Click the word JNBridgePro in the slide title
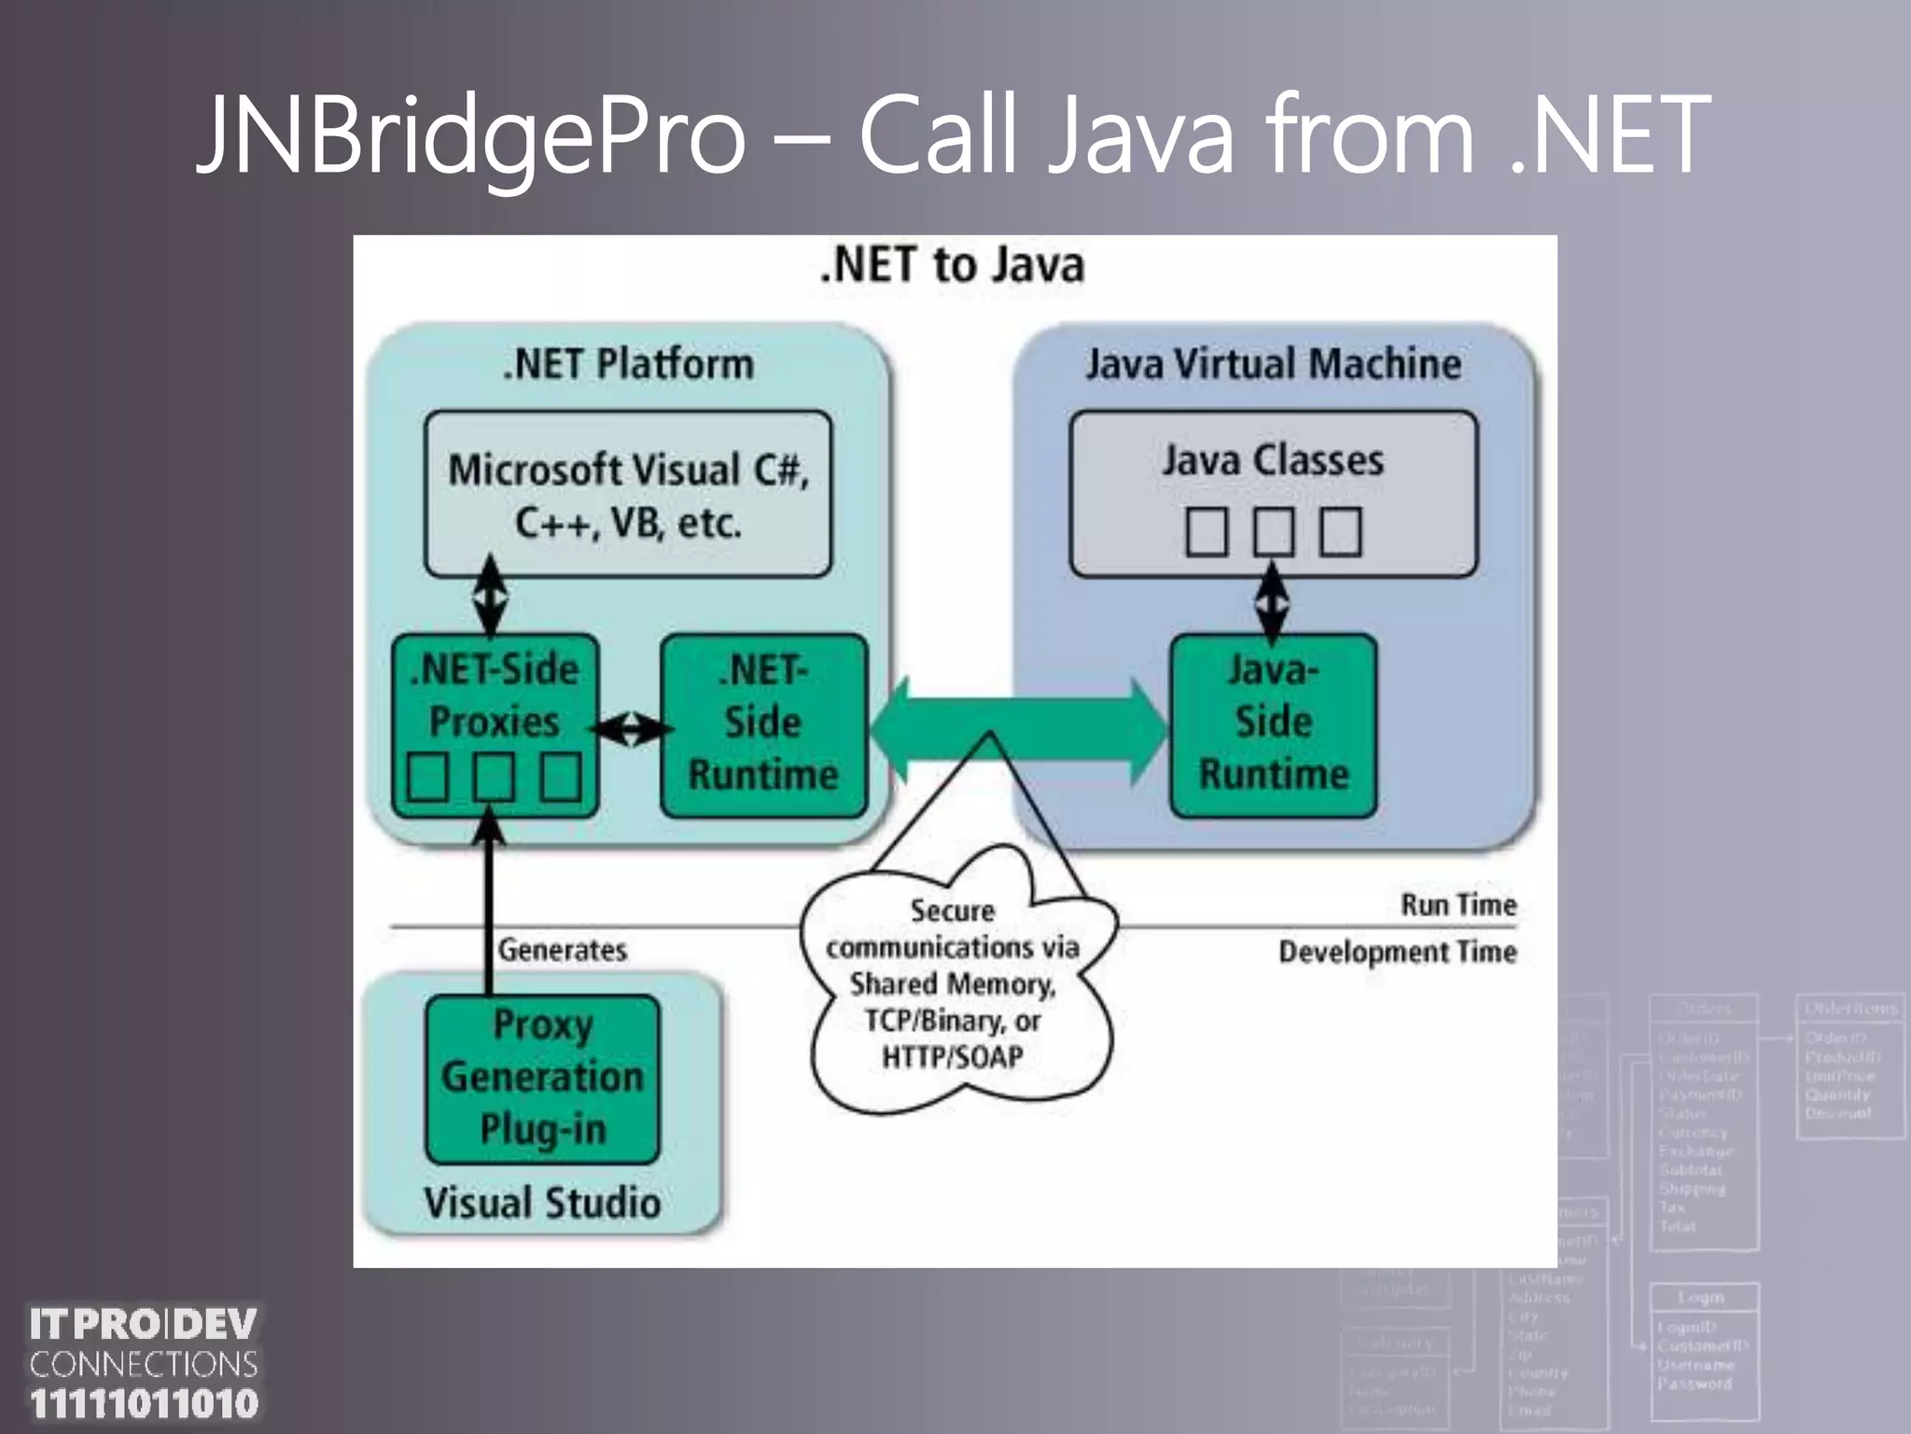[x=471, y=135]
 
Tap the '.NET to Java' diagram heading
[x=953, y=265]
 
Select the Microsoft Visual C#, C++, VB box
[x=628, y=494]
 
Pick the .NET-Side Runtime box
[x=763, y=724]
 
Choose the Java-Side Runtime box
[x=1273, y=724]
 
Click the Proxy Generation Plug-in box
[x=542, y=1077]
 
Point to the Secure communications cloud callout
[x=953, y=985]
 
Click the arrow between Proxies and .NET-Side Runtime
[x=631, y=728]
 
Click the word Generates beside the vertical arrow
[x=562, y=950]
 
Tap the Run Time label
[x=1458, y=905]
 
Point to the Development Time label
[x=1397, y=952]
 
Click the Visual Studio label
[x=542, y=1202]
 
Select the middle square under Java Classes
[x=1273, y=532]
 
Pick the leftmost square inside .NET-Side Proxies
[x=428, y=777]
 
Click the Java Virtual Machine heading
[x=1273, y=364]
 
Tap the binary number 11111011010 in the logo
[x=144, y=1404]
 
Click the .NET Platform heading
[x=628, y=364]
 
